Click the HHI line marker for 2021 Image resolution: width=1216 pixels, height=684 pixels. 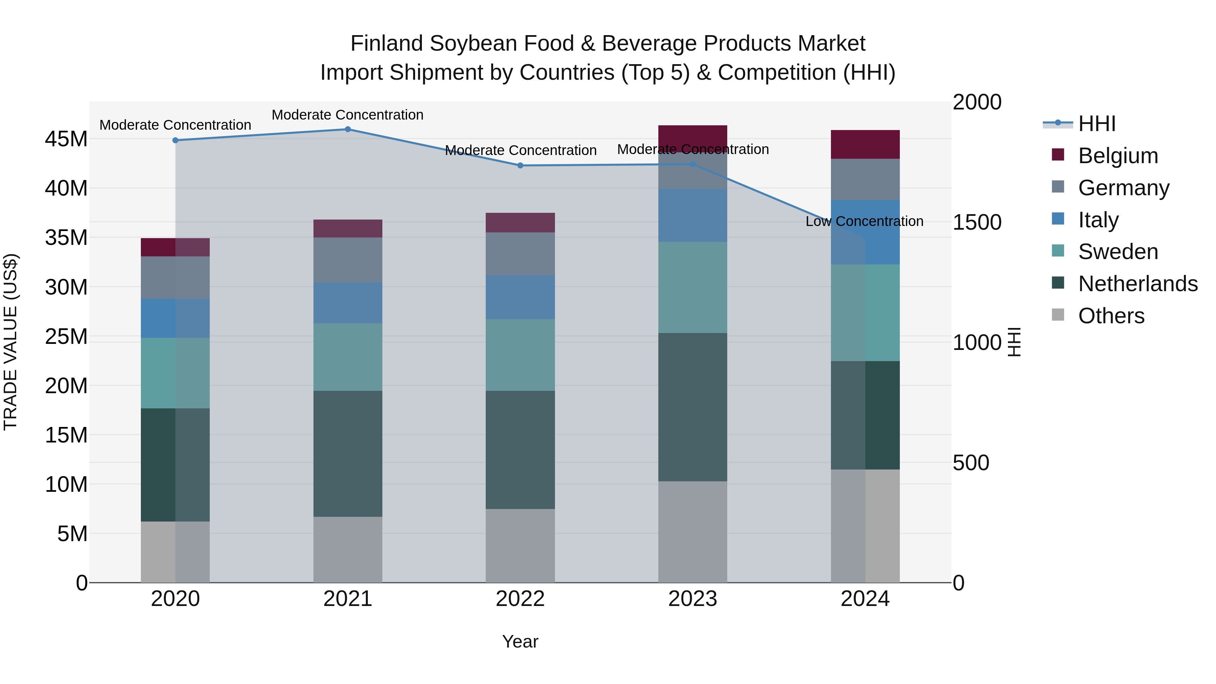tap(348, 129)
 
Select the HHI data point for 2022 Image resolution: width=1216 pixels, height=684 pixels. tap(520, 166)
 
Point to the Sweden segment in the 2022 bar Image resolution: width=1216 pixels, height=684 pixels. tap(520, 355)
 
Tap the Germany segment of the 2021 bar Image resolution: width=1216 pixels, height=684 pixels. tap(348, 260)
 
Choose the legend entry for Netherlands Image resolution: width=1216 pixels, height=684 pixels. tap(1138, 284)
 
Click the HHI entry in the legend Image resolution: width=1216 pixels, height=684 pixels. tap(1096, 124)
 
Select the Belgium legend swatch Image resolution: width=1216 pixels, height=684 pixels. tap(1058, 155)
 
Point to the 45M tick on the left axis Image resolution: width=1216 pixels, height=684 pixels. tap(66, 139)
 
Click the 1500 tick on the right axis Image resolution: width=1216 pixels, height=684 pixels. tap(977, 222)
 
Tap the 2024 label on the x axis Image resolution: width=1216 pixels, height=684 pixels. tap(865, 599)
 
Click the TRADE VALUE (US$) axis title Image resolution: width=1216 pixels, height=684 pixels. tap(10, 342)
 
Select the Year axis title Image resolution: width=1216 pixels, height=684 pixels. tap(520, 641)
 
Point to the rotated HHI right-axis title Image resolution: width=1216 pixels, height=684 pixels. tap(1014, 342)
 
